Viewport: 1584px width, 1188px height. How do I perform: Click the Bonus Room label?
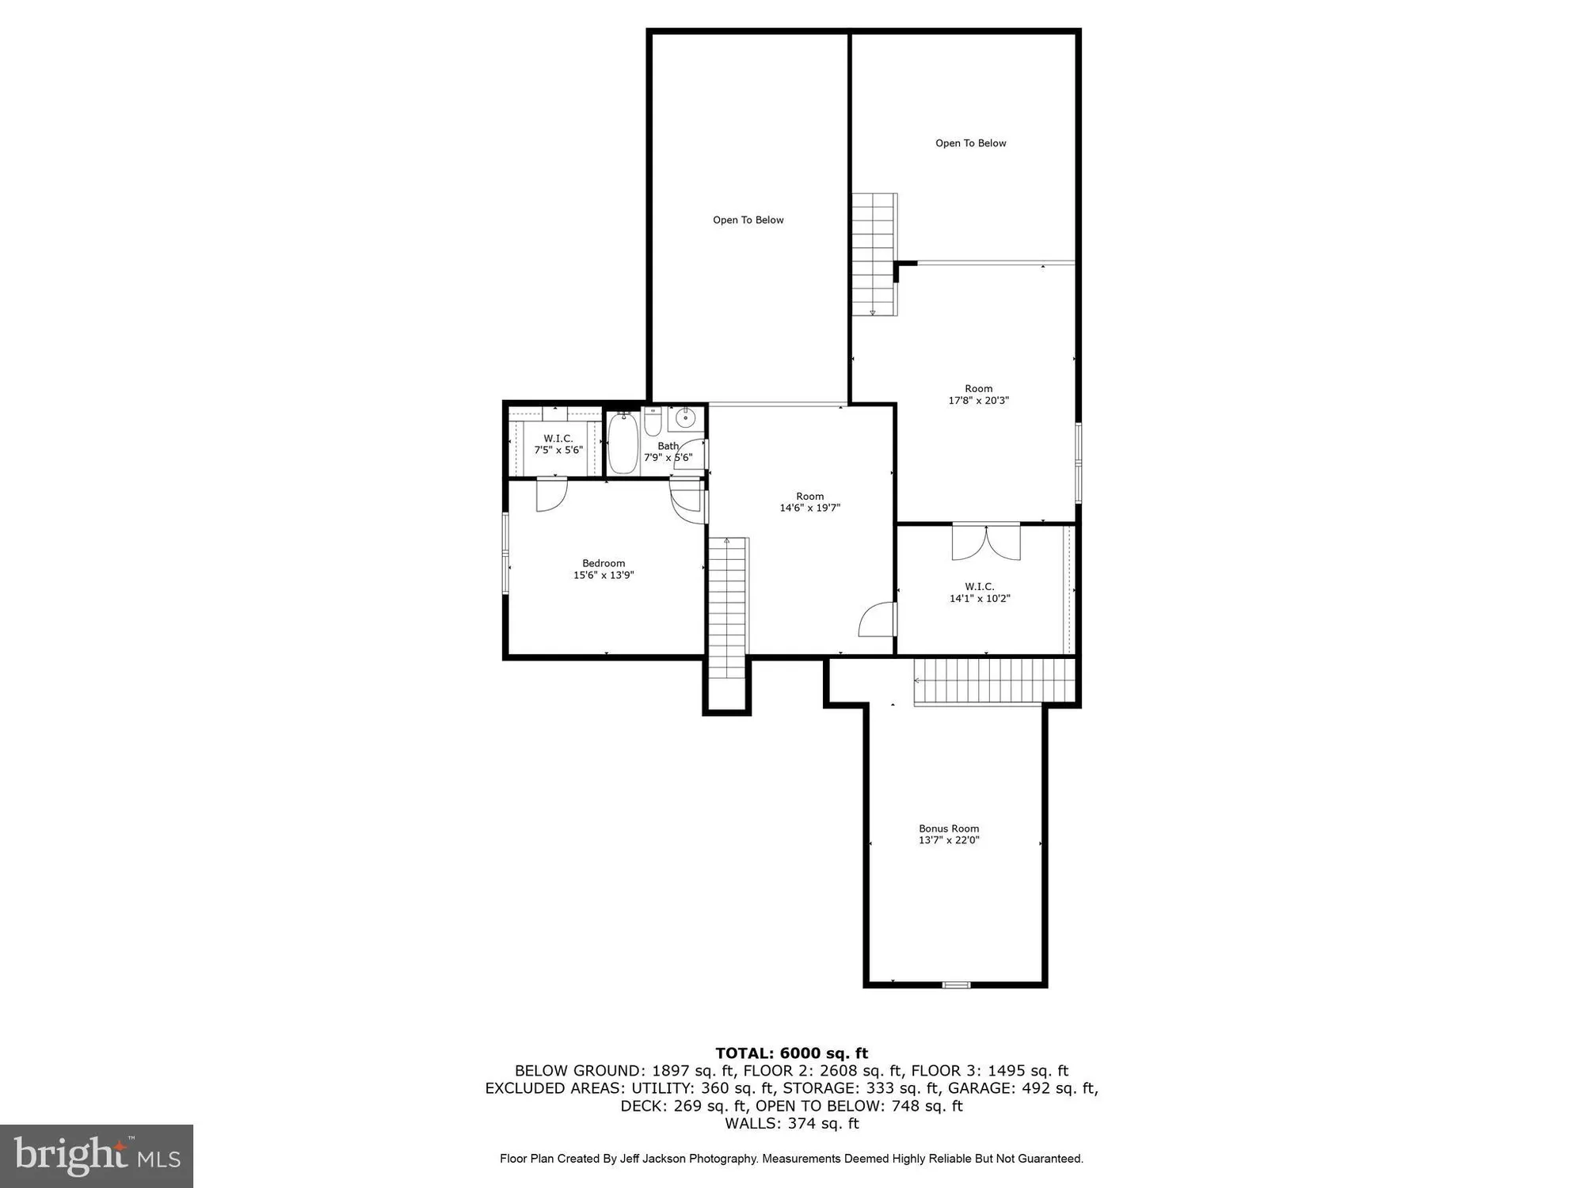click(949, 828)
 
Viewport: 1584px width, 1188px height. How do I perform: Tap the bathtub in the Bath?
click(623, 444)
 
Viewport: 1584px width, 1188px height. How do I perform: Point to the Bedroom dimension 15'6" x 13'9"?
click(604, 576)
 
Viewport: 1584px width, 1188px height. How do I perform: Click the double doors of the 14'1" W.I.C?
click(986, 542)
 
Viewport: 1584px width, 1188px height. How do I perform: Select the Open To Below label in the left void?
click(748, 220)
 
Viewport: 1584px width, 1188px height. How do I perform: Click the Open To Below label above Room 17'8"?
click(970, 143)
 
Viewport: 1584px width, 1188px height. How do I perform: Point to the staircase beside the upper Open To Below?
click(874, 254)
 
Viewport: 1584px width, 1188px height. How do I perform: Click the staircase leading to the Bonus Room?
click(993, 681)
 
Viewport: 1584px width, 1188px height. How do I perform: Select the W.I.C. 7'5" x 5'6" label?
click(558, 444)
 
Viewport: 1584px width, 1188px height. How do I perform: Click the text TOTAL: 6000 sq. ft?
click(791, 1053)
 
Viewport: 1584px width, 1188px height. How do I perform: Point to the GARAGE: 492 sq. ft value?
click(1022, 1088)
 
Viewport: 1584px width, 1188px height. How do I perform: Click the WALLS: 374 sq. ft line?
click(791, 1123)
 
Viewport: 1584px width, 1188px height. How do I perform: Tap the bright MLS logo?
click(97, 1156)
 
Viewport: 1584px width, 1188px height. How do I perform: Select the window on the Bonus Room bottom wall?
click(956, 985)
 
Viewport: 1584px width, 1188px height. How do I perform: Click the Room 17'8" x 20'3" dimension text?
click(978, 401)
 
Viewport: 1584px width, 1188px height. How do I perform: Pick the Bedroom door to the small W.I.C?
click(551, 493)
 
